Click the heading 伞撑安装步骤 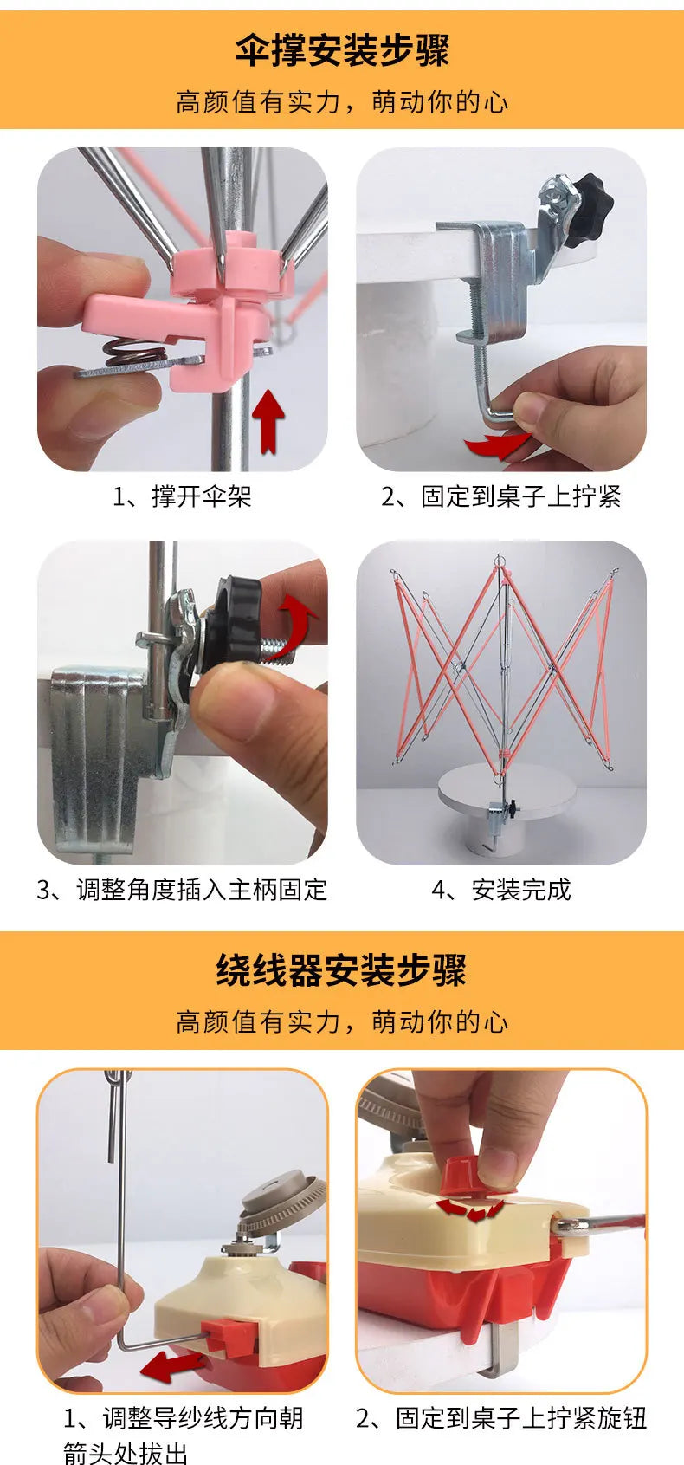click(342, 50)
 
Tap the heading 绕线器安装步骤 click(341, 970)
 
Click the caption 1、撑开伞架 click(182, 496)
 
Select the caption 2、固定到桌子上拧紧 click(501, 496)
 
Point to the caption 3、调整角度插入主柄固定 click(182, 890)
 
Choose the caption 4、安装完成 click(501, 890)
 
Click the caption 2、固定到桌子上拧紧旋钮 click(501, 1418)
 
